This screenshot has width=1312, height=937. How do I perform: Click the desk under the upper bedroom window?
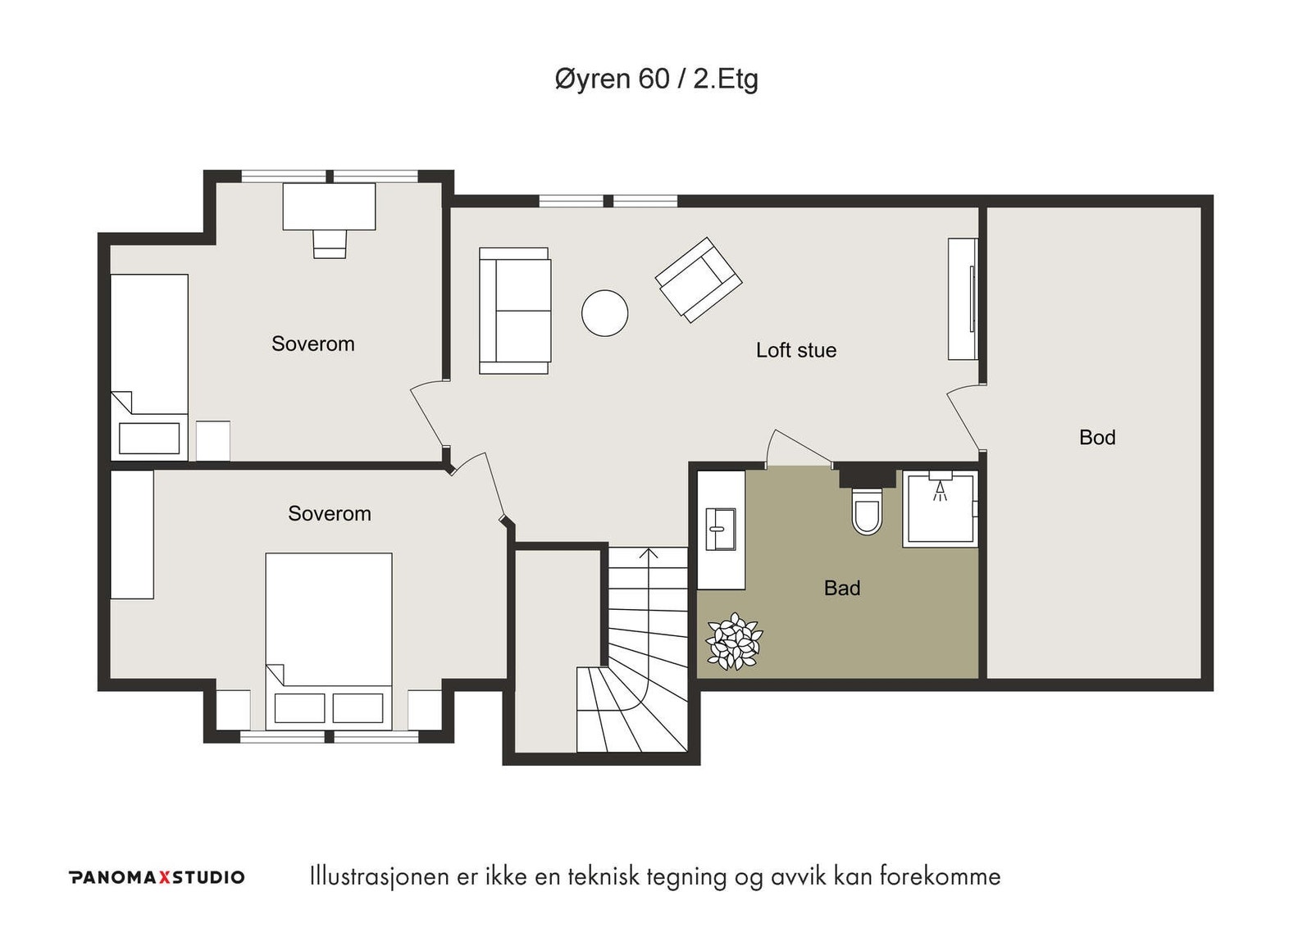point(329,206)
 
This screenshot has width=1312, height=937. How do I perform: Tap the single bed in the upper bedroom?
point(149,367)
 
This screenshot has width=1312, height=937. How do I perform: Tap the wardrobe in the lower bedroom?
point(132,534)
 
